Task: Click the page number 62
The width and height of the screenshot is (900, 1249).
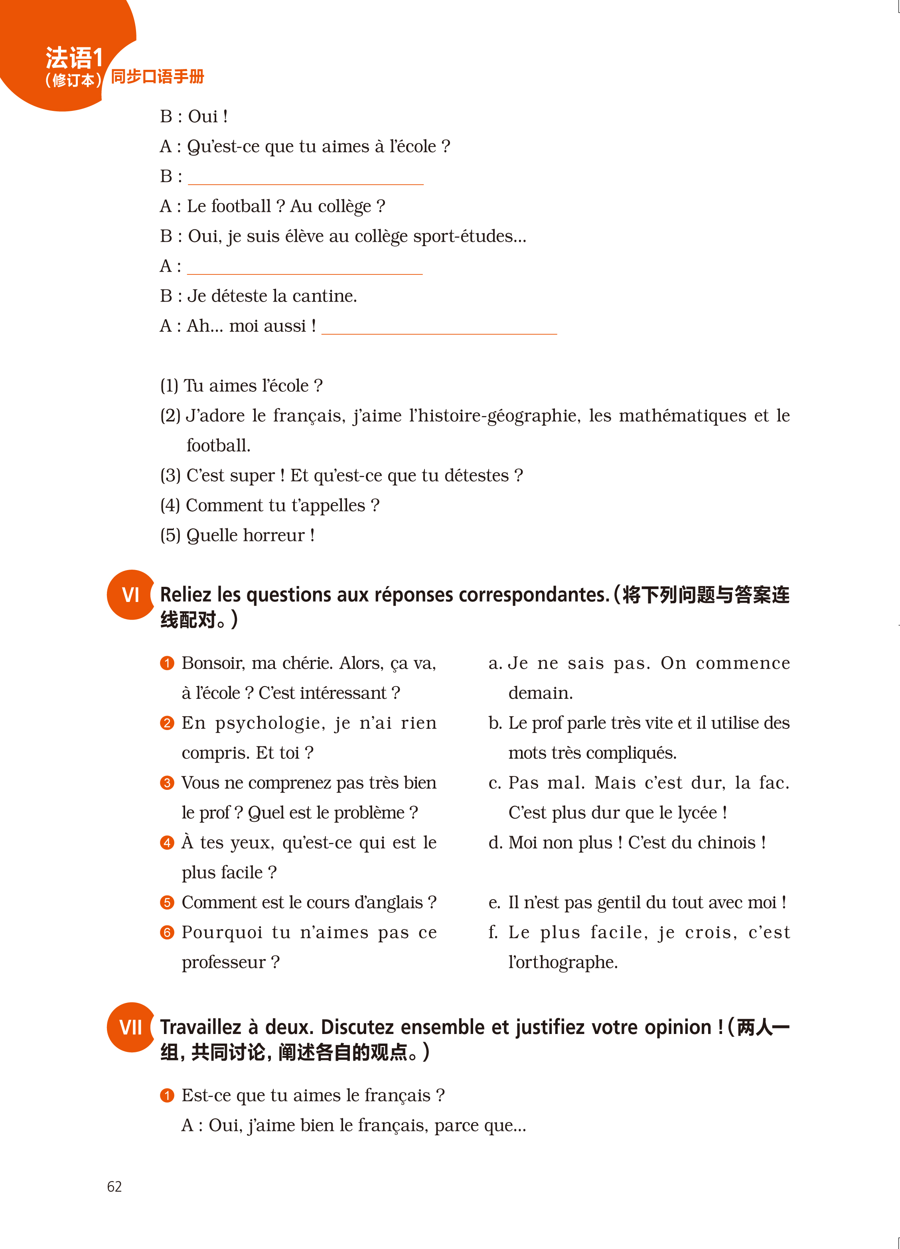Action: pyautogui.click(x=114, y=1186)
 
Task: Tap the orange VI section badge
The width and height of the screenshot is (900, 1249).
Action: pyautogui.click(x=130, y=595)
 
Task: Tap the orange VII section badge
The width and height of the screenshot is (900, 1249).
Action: pyautogui.click(x=130, y=1027)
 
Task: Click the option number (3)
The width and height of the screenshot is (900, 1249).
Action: pyautogui.click(x=170, y=475)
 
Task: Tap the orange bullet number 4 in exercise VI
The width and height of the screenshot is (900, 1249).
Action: pyautogui.click(x=167, y=843)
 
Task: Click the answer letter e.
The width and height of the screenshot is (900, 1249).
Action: pyautogui.click(x=494, y=903)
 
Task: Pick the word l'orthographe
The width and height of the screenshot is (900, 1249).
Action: pyautogui.click(x=562, y=962)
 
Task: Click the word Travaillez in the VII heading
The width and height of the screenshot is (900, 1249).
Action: pyautogui.click(x=201, y=1027)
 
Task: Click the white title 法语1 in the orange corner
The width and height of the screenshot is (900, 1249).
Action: pyautogui.click(x=74, y=58)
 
